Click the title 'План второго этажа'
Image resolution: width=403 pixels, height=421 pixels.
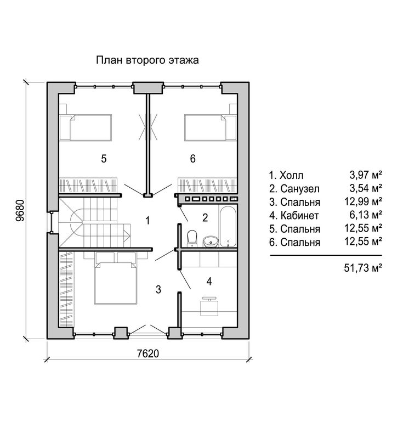(147, 60)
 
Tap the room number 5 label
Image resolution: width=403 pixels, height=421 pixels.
(104, 159)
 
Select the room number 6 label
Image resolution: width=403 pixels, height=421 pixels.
(193, 159)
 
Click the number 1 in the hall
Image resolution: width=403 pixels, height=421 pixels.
(147, 221)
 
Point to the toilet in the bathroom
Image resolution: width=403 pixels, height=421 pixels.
(192, 238)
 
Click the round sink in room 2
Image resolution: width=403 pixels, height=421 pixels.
(211, 241)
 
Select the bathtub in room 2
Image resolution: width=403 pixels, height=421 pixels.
(228, 226)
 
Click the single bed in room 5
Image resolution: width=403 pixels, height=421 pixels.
(86, 127)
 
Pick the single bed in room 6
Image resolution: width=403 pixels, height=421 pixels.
(211, 127)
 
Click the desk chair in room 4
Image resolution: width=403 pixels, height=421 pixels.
(209, 306)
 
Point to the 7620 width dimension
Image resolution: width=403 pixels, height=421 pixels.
(148, 353)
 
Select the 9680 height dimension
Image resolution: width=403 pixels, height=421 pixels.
(20, 210)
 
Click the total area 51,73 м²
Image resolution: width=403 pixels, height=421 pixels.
(363, 268)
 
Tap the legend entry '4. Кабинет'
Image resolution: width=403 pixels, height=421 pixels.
(294, 215)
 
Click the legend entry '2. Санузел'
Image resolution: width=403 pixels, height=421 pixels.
(294, 189)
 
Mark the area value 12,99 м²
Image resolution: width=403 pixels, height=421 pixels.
(364, 201)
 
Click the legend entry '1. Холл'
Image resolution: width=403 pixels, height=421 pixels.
(286, 175)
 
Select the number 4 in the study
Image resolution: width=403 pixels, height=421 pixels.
(209, 282)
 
